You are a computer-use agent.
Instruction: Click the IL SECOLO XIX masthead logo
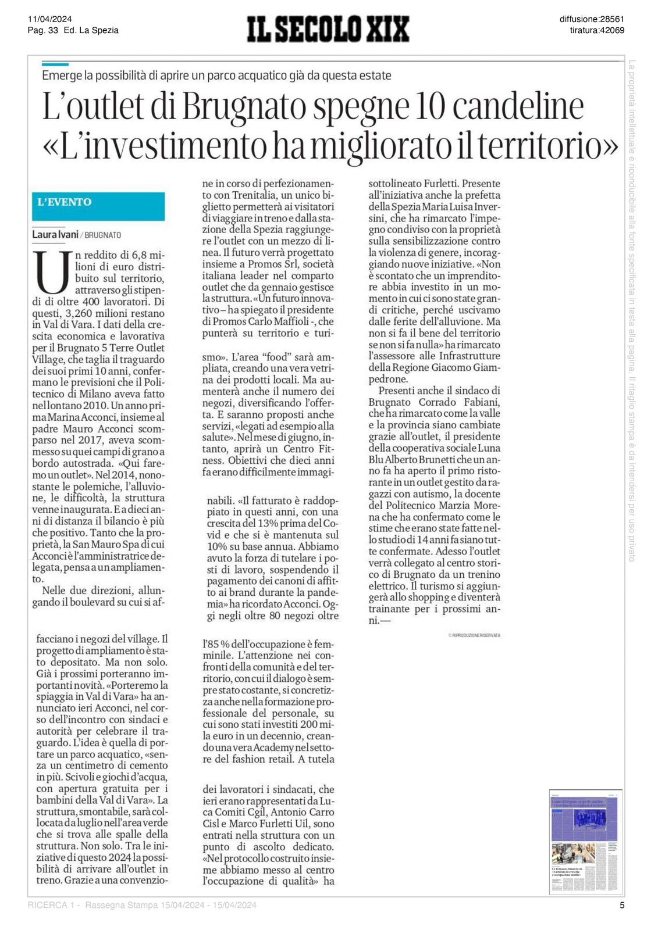pos(328,29)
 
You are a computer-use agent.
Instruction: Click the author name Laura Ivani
pos(55,235)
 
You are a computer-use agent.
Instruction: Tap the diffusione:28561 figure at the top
pos(592,19)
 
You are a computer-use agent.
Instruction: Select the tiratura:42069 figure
pos(597,30)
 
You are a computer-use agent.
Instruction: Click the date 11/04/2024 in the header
pos(49,19)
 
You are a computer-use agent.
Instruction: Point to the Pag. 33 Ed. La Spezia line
pos(73,30)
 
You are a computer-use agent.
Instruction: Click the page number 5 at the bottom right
pos(622,905)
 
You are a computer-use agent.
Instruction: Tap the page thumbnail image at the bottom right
pos(585,842)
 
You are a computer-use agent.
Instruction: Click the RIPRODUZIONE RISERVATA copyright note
pos(474,635)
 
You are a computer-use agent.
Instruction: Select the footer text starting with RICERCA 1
pos(142,905)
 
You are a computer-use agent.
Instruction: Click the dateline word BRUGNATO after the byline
pos(103,235)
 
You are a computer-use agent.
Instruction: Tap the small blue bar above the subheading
pos(55,64)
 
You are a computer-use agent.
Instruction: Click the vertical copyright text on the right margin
pos(632,311)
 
